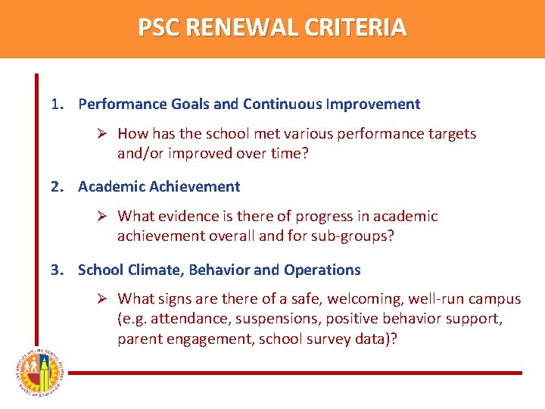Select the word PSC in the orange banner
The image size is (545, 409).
click(x=159, y=28)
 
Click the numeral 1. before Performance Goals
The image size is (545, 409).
click(x=58, y=104)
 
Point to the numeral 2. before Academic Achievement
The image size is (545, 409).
click(x=58, y=186)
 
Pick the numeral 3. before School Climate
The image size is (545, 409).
click(x=58, y=270)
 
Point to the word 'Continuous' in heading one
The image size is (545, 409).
click(x=285, y=104)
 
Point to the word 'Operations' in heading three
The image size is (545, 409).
click(x=323, y=270)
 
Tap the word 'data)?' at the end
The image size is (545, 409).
click(x=376, y=339)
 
